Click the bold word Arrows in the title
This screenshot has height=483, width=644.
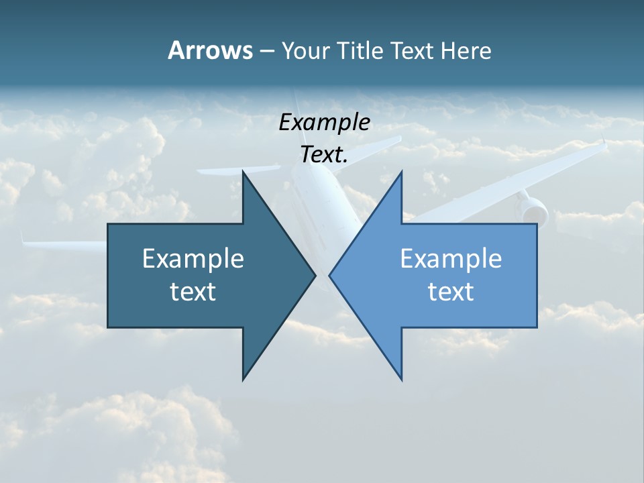pos(210,50)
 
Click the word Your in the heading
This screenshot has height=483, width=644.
pos(306,50)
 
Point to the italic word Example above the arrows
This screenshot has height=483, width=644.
pos(324,122)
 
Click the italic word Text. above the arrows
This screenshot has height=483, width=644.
pos(324,155)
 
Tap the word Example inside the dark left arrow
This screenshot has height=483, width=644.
pos(193,258)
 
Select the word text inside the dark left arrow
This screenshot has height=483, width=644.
pos(193,291)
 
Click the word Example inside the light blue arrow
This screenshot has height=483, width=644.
pos(451,258)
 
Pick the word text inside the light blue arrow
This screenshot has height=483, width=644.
pos(451,291)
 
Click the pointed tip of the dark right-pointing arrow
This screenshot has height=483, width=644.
pos(315,275)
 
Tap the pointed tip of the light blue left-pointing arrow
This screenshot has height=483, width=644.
pos(330,275)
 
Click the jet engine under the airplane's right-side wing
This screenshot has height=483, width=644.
pos(532,209)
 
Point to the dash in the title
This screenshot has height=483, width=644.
pos(266,51)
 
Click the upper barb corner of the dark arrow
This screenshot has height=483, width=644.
pos(244,172)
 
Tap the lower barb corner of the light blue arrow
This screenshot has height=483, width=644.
pos(401,379)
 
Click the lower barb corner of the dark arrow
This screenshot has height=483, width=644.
pos(244,379)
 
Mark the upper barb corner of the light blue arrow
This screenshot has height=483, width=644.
pos(401,172)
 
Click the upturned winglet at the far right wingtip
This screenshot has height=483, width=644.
pos(604,142)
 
